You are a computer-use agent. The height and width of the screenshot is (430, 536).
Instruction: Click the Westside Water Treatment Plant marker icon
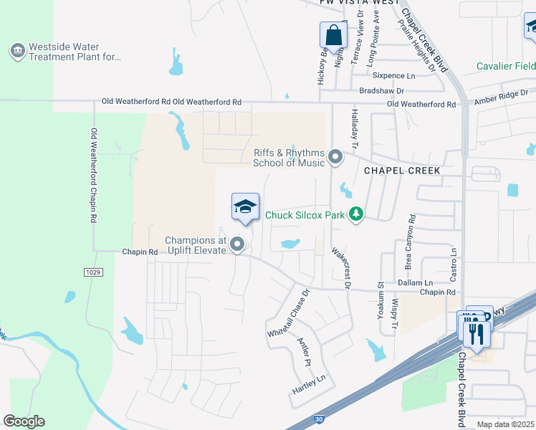(16, 50)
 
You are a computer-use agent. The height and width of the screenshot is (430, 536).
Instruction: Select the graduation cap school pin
(244, 207)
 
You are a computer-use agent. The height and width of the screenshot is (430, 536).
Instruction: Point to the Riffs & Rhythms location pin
(335, 156)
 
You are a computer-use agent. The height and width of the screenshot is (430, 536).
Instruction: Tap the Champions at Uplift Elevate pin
(237, 246)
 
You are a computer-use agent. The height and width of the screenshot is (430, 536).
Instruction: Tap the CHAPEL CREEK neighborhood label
(402, 171)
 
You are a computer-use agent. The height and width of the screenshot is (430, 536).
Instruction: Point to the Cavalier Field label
(506, 67)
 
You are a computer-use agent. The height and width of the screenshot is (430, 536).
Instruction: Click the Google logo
(24, 421)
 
